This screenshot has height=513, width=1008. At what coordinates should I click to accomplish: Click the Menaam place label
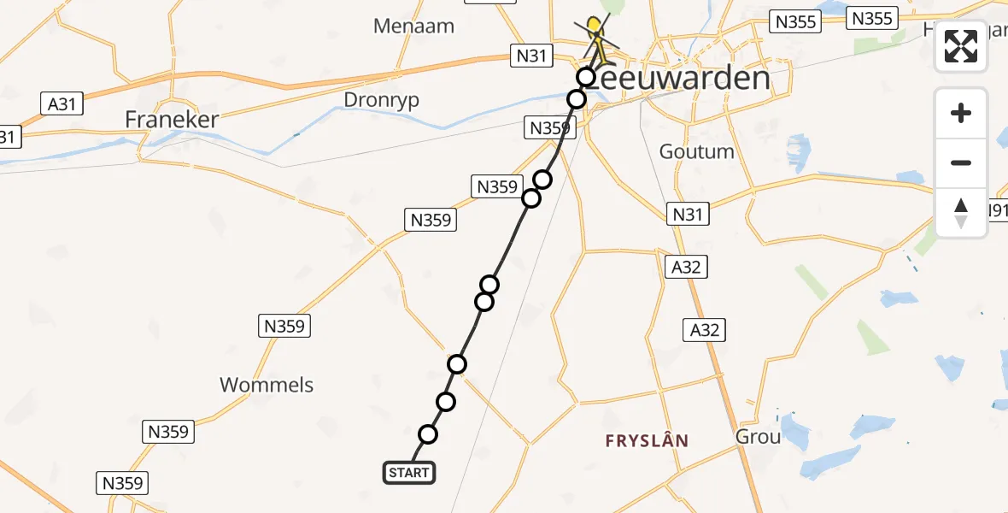[x=413, y=26]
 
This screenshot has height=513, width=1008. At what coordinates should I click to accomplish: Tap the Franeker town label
[x=172, y=119]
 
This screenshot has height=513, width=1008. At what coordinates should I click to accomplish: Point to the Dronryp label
[x=381, y=100]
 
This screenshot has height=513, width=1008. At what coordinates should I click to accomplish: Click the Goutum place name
[x=696, y=151]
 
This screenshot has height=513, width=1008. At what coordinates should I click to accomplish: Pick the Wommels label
[x=267, y=385]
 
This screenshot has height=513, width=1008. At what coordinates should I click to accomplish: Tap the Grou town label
[x=758, y=437]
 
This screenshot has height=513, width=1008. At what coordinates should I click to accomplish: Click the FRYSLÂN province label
[x=647, y=441]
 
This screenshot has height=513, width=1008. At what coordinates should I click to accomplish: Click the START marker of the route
[x=409, y=473]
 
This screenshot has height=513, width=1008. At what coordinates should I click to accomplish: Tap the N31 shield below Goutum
[x=688, y=214]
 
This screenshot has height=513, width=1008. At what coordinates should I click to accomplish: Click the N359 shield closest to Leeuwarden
[x=550, y=128]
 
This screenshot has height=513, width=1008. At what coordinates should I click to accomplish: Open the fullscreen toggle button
[x=961, y=46]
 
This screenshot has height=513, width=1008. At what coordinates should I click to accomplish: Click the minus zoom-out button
[x=961, y=162]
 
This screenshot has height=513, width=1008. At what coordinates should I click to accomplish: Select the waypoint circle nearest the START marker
[x=428, y=434]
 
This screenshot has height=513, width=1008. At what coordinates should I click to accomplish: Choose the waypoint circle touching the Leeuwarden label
[x=585, y=77]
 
